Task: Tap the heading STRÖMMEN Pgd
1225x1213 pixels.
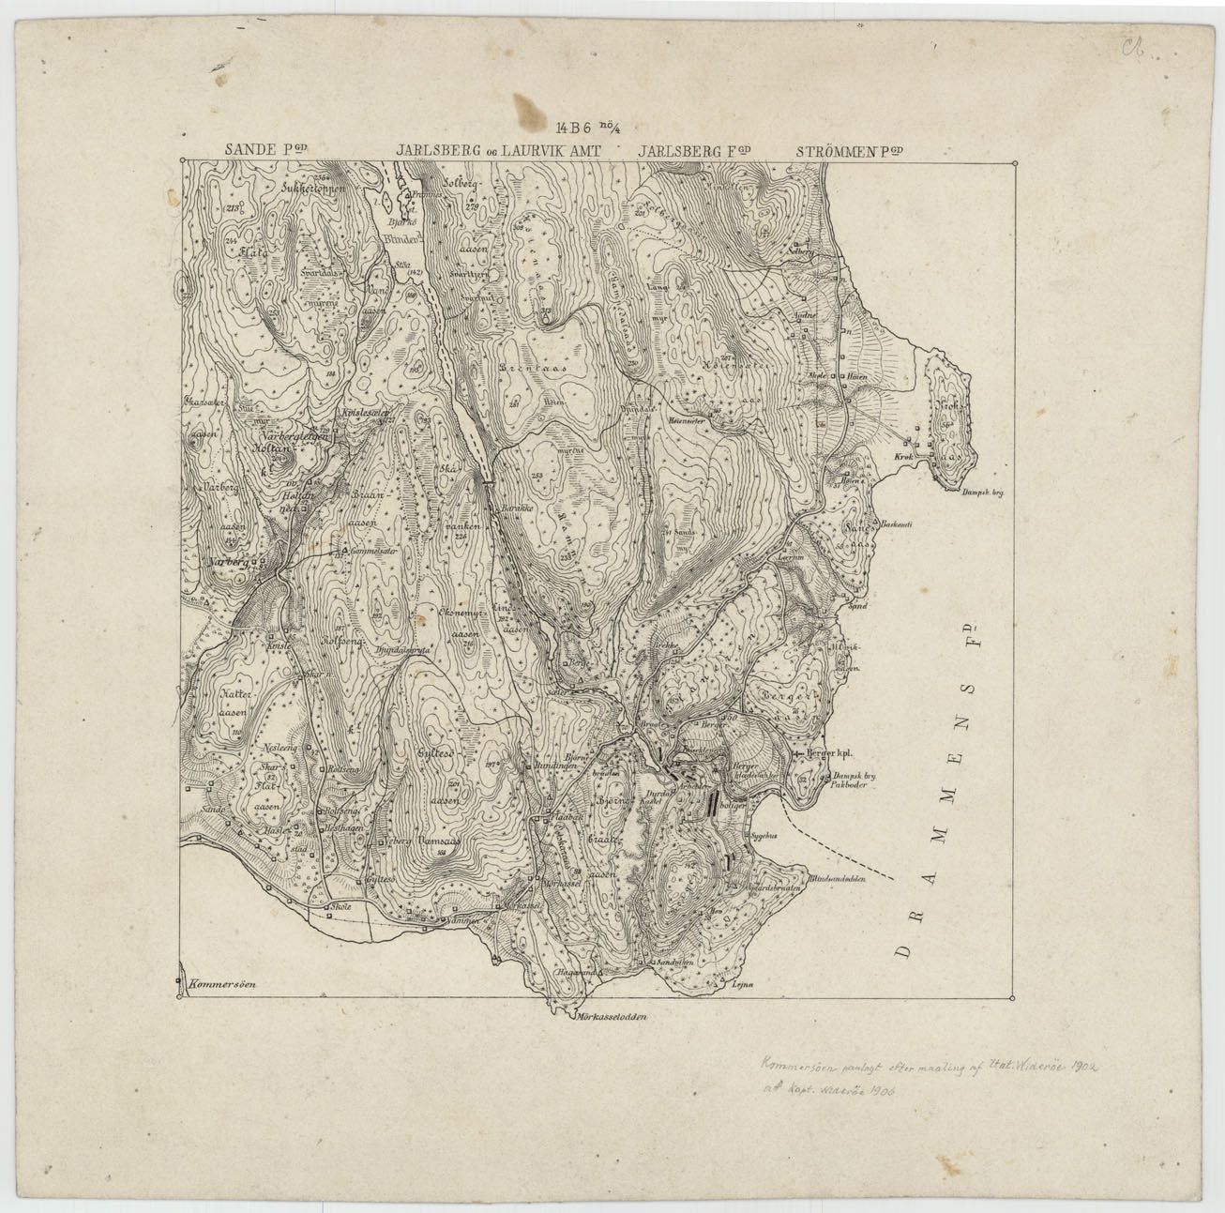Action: [x=853, y=150]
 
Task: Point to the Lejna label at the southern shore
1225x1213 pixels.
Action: [x=745, y=983]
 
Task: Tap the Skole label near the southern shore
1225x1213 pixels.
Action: [x=338, y=908]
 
